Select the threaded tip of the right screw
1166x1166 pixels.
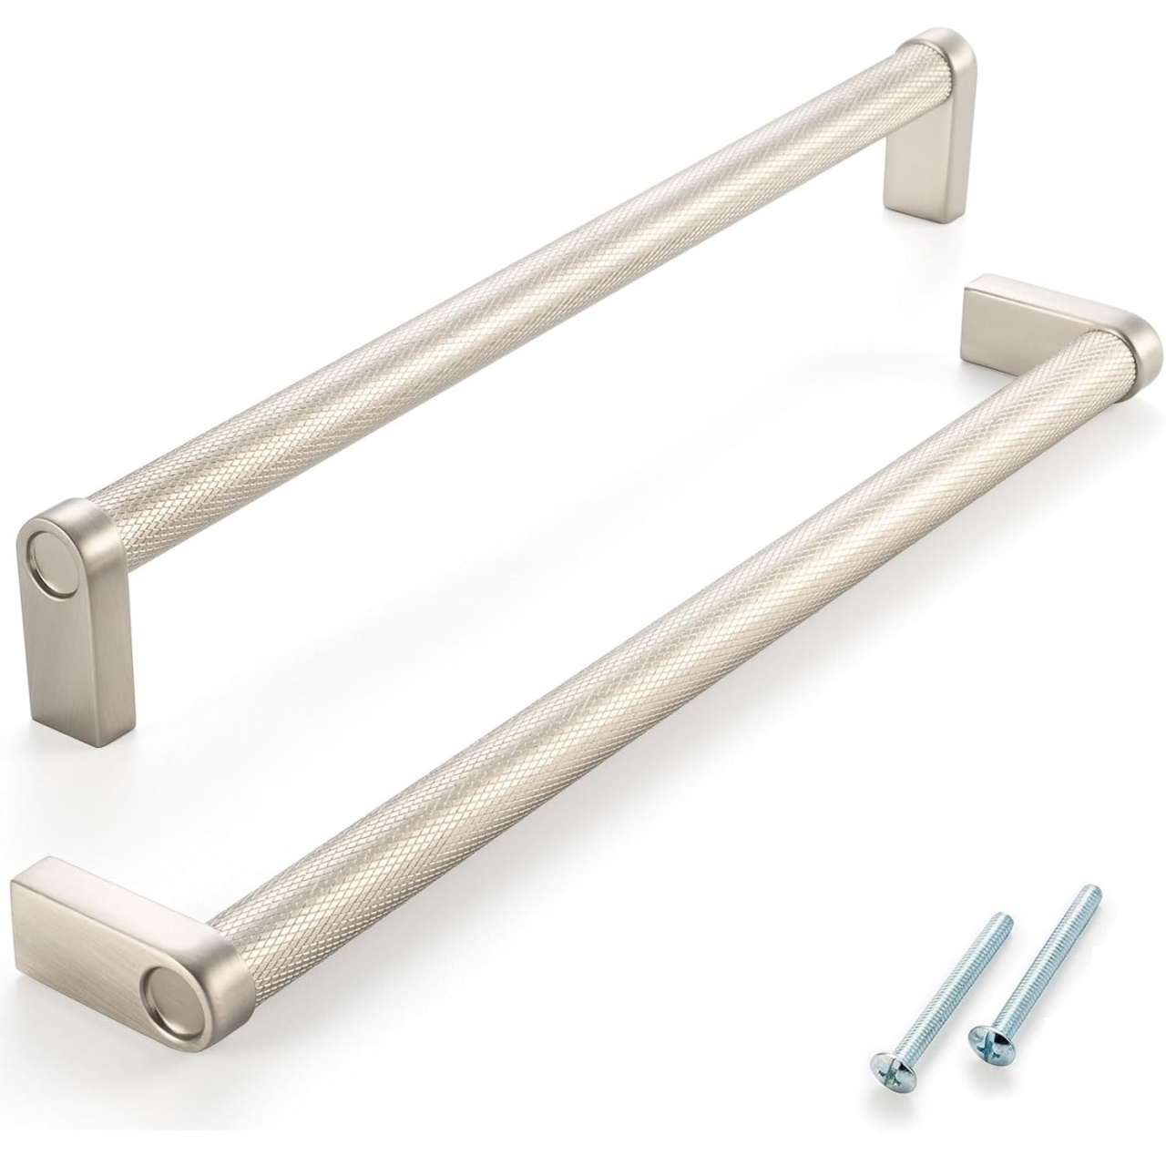point(1093,894)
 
